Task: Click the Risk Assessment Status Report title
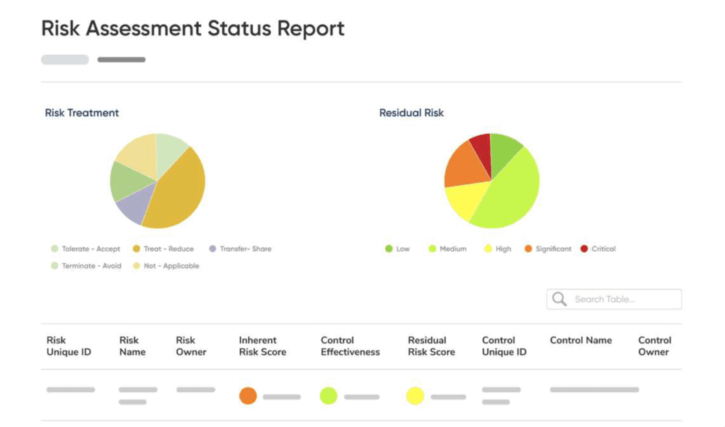193,29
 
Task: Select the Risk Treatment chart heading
81,113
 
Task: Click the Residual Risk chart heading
411,113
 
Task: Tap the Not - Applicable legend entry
166,266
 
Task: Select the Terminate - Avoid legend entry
86,266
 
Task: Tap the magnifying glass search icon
559,300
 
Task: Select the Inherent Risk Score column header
263,346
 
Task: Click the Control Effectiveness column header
350,346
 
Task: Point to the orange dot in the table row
248,396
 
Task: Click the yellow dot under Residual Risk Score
415,396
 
